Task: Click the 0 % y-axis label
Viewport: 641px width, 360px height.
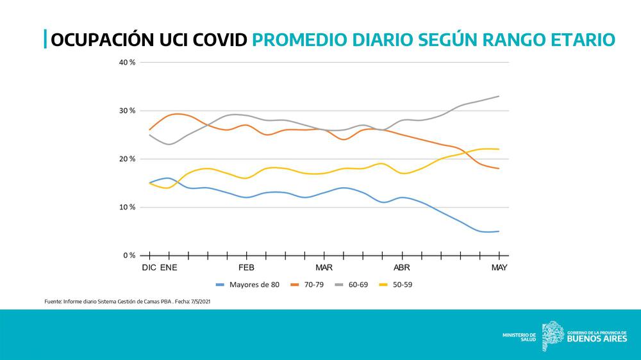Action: pos(129,256)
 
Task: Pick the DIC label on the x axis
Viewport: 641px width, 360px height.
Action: pos(149,267)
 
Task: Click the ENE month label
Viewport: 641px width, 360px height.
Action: pos(169,267)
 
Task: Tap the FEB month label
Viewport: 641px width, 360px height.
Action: pos(247,267)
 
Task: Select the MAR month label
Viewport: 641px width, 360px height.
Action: pos(324,267)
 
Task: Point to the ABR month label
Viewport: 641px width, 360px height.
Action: pos(402,267)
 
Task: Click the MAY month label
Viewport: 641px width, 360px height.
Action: pos(499,267)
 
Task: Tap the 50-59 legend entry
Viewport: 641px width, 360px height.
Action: pos(402,284)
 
